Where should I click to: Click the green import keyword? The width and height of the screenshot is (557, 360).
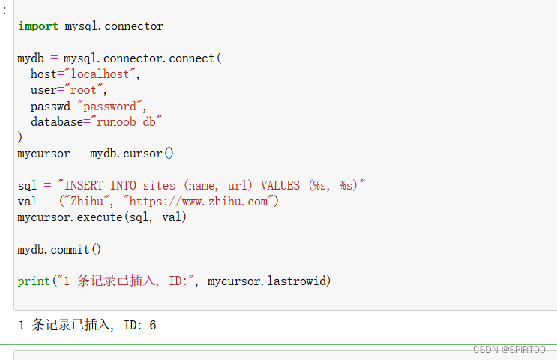point(37,26)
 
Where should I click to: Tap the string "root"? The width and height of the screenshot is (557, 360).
point(83,90)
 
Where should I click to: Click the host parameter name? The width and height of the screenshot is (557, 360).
point(43,74)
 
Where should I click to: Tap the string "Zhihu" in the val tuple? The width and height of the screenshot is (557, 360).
point(88,201)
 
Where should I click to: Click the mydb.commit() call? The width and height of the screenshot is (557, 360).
point(59,249)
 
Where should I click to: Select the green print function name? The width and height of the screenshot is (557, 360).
point(34,281)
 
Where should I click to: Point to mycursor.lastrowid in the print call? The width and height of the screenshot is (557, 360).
point(269,281)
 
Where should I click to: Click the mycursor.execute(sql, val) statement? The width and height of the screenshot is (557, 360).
point(102,217)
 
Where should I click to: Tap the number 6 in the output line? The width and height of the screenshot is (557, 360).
point(152,325)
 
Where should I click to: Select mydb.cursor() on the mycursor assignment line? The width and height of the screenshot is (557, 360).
point(132,154)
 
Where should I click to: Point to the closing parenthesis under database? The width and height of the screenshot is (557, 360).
point(20,137)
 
